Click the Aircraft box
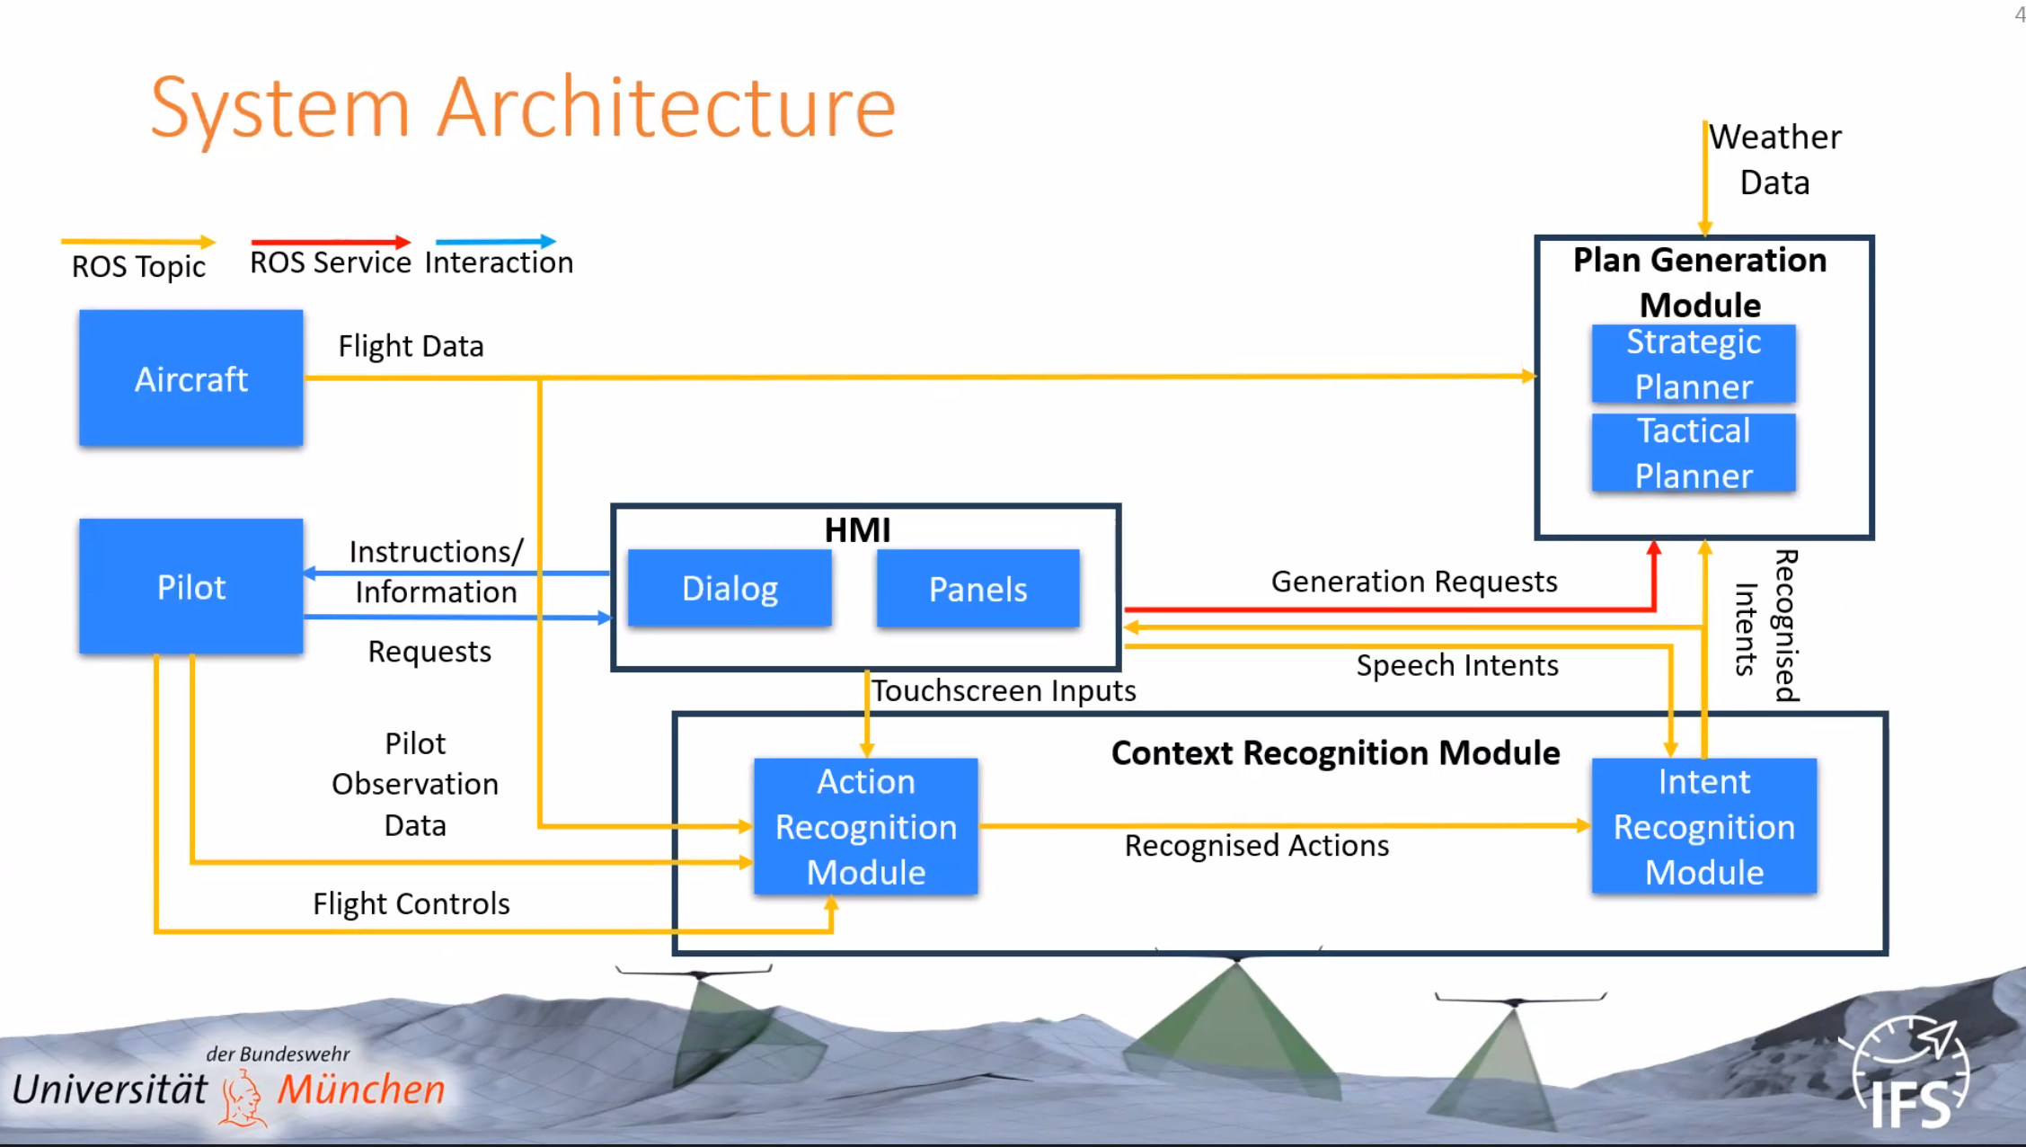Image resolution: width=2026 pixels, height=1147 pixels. [x=190, y=378]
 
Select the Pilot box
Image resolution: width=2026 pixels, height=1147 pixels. [x=190, y=586]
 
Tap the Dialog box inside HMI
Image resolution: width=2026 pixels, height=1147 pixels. [x=730, y=588]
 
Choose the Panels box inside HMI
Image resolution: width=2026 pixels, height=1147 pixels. [x=978, y=589]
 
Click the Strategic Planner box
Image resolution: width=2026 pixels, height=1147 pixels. [x=1693, y=364]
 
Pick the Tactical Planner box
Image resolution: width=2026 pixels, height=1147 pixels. [x=1693, y=453]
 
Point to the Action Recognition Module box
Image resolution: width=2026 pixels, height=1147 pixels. [x=865, y=826]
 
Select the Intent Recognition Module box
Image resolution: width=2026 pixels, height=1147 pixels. [x=1703, y=826]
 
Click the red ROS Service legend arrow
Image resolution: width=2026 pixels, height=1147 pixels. [x=330, y=242]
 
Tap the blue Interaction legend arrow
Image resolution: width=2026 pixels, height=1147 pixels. [x=495, y=241]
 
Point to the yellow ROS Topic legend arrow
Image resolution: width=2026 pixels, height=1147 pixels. [x=137, y=242]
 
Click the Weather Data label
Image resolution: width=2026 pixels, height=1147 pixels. [x=1774, y=159]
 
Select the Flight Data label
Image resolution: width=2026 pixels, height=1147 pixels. [x=411, y=346]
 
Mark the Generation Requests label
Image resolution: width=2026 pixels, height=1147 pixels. [x=1413, y=582]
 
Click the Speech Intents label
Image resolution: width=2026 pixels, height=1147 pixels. [x=1456, y=665]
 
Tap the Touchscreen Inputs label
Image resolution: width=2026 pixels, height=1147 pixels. [x=1004, y=690]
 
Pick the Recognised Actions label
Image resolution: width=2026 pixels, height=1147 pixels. [x=1256, y=845]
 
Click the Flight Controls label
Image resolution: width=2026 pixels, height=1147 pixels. [x=411, y=903]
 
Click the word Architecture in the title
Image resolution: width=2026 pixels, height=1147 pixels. [x=667, y=108]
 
